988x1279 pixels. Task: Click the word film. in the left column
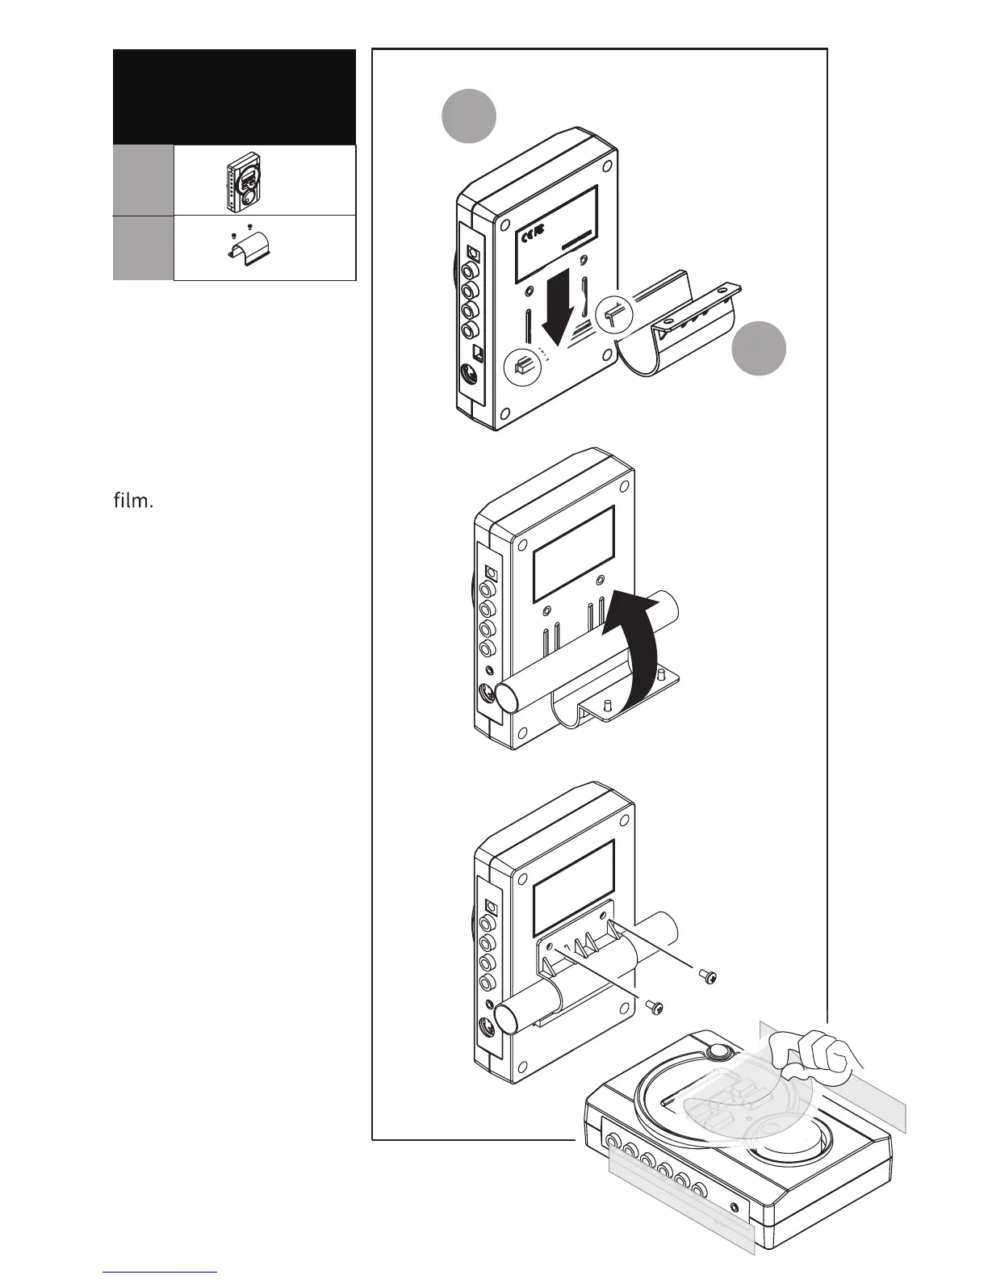[x=133, y=501]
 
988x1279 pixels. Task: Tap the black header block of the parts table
[x=234, y=97]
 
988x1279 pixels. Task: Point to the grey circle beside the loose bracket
[x=759, y=348]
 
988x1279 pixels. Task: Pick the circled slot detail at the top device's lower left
[x=521, y=366]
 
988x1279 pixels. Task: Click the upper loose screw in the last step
[x=708, y=979]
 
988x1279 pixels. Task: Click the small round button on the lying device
[x=716, y=1051]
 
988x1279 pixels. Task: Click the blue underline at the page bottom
[x=161, y=1272]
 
